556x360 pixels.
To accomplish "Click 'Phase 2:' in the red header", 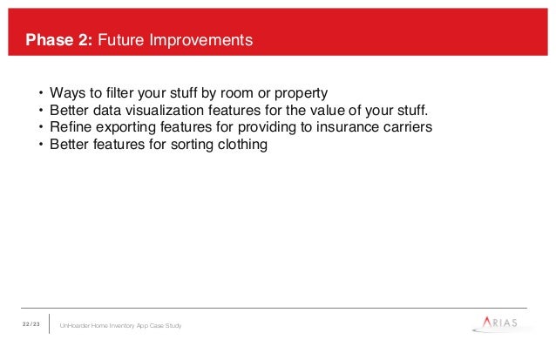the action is point(59,40).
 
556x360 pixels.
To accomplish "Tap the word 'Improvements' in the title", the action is point(201,40).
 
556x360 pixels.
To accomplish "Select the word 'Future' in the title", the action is point(121,40).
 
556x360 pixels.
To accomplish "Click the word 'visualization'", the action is point(165,110).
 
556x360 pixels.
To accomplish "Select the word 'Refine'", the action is point(71,126).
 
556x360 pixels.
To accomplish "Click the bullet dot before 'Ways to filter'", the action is point(41,93).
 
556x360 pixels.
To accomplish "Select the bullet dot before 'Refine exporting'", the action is point(41,127).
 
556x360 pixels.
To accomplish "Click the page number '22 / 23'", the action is point(31,324).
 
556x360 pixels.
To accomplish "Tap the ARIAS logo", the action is point(499,323).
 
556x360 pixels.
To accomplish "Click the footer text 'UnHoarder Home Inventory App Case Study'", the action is point(120,326).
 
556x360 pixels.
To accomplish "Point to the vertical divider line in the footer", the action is point(50,323).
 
